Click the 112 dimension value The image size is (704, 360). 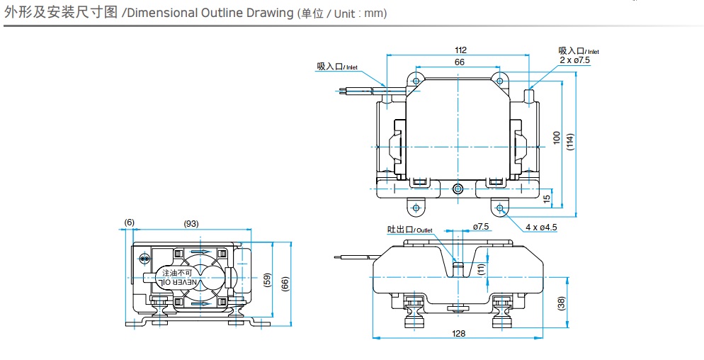click(460, 50)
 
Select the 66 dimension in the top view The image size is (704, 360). click(460, 62)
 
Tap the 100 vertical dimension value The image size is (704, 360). click(557, 137)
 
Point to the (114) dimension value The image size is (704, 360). click(571, 140)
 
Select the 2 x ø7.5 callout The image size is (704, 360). click(574, 60)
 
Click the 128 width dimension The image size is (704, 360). click(460, 332)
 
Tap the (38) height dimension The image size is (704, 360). click(562, 303)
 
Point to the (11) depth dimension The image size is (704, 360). click(482, 267)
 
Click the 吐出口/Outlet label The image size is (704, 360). click(409, 230)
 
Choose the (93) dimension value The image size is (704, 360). click(191, 223)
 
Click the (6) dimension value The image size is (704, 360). click(129, 223)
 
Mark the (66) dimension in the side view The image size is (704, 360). click(285, 283)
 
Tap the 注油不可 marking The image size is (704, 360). click(177, 273)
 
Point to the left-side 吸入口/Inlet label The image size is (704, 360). click(338, 67)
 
